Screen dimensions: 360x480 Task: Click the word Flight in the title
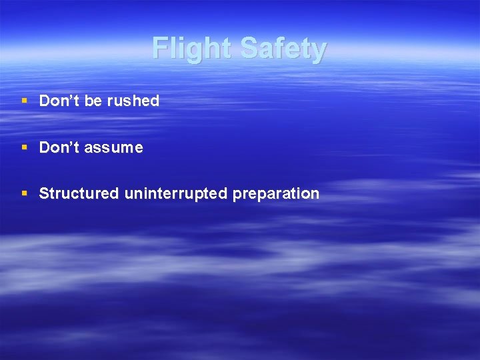coord(192,49)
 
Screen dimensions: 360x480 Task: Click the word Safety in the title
coord(283,49)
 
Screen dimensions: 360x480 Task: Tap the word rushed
coord(136,101)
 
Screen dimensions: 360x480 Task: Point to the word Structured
coord(79,194)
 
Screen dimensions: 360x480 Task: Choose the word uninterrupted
coord(176,194)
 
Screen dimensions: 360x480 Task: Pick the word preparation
coord(276,195)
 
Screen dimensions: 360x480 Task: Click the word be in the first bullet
coord(93,101)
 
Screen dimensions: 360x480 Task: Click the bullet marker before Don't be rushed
coord(24,101)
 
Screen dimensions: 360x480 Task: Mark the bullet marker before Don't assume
coord(24,147)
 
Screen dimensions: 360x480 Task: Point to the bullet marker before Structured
coord(24,194)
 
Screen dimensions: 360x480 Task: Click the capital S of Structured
coord(44,194)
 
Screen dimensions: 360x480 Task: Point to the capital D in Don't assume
coord(45,147)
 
